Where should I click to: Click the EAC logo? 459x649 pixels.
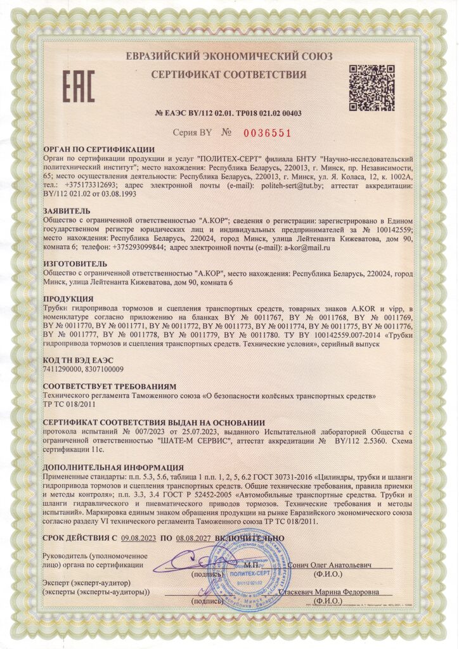pyautogui.click(x=79, y=87)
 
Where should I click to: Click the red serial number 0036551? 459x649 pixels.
pyautogui.click(x=267, y=133)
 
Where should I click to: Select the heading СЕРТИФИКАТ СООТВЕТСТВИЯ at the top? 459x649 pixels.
pyautogui.click(x=229, y=75)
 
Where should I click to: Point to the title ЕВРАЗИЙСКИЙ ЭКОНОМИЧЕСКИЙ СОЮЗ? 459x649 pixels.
pyautogui.click(x=228, y=55)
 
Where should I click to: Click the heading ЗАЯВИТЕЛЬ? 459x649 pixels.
pyautogui.click(x=67, y=209)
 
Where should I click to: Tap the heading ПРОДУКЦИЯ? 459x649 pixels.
pyautogui.click(x=68, y=298)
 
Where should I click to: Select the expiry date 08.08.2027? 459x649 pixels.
pyautogui.click(x=195, y=538)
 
